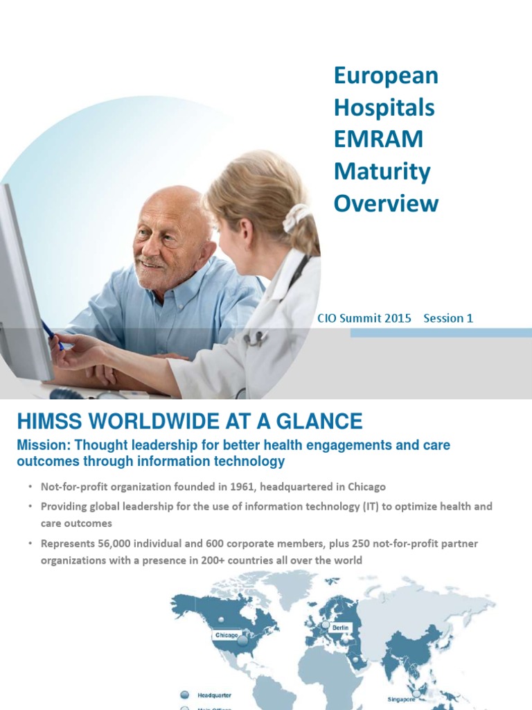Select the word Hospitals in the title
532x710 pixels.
coord(384,107)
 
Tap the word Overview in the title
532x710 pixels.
coord(386,203)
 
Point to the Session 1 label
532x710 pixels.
coord(448,318)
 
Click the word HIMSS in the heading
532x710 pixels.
coord(49,421)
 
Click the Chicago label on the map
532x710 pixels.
coord(226,634)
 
